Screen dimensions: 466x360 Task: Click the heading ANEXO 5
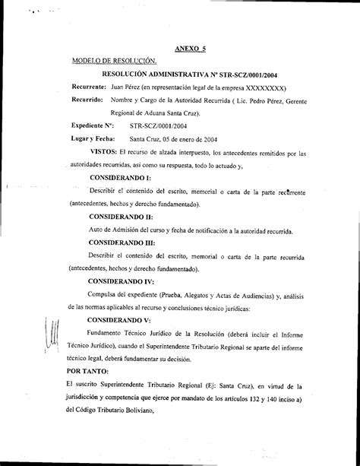[x=191, y=48]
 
